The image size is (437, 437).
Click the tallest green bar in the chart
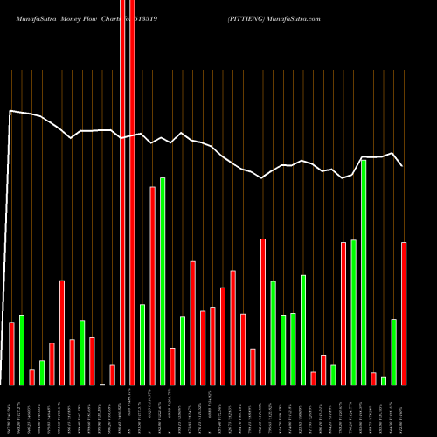[x=363, y=272]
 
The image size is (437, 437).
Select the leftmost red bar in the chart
[x=11, y=353]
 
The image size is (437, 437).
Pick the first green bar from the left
[x=22, y=350]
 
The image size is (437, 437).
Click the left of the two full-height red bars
[x=122, y=192]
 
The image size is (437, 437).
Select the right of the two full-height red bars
[x=132, y=192]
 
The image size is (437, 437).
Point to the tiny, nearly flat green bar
[x=102, y=384]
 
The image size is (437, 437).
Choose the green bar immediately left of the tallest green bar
[x=353, y=312]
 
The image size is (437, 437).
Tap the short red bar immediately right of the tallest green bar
[x=373, y=378]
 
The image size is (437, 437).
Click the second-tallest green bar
[x=163, y=281]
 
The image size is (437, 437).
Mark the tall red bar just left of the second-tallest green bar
[x=152, y=286]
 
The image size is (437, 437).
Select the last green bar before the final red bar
[x=393, y=351]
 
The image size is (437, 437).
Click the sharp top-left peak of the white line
[x=10, y=111]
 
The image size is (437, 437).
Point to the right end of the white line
[x=402, y=165]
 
